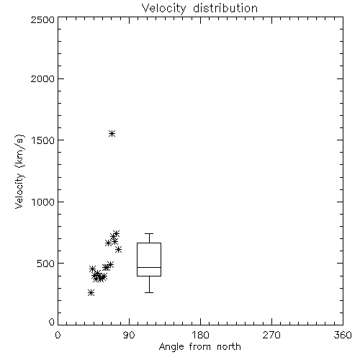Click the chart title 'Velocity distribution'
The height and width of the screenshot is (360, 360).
coord(199,9)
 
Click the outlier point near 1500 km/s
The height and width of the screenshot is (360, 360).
coord(112,133)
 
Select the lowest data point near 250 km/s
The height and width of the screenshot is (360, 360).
coord(91,292)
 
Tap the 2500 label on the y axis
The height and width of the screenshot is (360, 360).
coord(42,19)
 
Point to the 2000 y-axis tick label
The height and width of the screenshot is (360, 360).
coord(42,78)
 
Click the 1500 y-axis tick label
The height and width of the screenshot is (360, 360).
coord(43,140)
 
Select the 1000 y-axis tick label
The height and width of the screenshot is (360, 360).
coord(43,202)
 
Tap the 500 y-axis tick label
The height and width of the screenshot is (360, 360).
coord(46,264)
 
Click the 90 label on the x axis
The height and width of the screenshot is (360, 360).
coord(130,335)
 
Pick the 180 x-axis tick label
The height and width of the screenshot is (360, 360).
coord(200,335)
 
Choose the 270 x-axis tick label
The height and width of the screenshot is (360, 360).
coord(271,335)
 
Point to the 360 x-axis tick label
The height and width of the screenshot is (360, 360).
coord(343,335)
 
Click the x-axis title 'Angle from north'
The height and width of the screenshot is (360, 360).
coord(200,347)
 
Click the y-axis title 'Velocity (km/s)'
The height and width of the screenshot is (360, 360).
coord(19,171)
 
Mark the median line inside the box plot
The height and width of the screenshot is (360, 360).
coord(149,267)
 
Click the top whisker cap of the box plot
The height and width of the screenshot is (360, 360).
coord(149,233)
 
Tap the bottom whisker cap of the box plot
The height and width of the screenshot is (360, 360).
coord(149,292)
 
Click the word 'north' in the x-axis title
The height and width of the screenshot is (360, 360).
coord(229,347)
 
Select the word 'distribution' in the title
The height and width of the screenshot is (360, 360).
coord(225,9)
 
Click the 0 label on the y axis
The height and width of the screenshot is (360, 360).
coord(52,322)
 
